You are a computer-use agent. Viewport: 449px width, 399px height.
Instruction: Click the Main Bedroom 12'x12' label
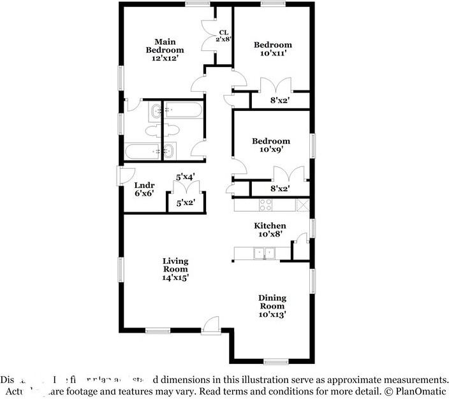(x=165, y=50)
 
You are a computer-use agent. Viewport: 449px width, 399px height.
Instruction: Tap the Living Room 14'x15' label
(x=175, y=269)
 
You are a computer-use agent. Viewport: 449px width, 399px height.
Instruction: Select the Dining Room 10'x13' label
(x=272, y=306)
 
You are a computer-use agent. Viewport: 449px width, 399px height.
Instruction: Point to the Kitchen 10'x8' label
(x=270, y=230)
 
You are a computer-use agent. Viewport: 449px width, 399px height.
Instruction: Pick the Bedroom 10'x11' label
(x=272, y=49)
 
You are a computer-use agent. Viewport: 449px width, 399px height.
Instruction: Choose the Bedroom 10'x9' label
(x=270, y=145)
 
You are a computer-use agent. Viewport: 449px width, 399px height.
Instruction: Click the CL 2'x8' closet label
(x=224, y=36)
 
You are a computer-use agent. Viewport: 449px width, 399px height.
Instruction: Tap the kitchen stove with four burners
(x=265, y=205)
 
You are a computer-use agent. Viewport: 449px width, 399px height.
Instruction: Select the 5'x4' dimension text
(x=185, y=177)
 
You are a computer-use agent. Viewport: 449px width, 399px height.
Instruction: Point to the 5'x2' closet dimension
(x=185, y=203)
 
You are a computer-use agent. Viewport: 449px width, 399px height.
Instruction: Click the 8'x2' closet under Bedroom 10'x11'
(x=281, y=100)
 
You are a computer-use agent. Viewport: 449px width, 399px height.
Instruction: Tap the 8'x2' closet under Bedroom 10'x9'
(x=281, y=189)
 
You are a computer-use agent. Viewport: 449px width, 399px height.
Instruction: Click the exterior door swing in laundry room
(x=126, y=175)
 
